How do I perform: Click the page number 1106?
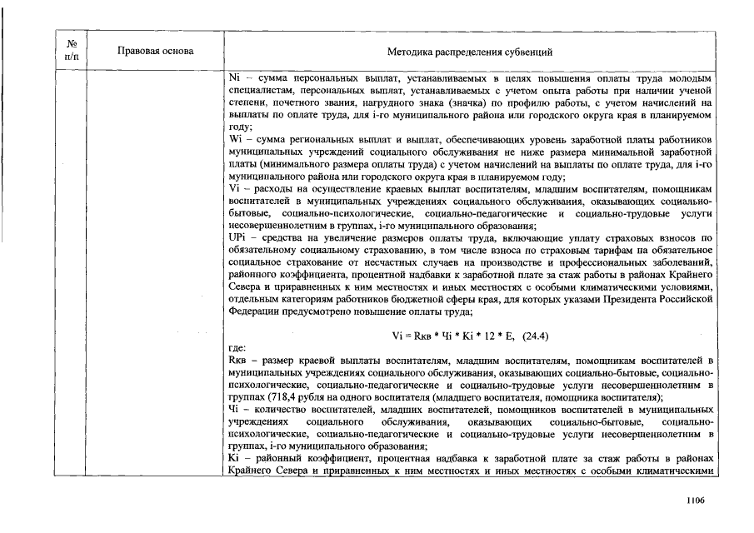[x=696, y=500]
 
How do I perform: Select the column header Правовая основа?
[x=156, y=52]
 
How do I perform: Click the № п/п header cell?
[x=72, y=52]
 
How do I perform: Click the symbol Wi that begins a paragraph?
[x=234, y=139]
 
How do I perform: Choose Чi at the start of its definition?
[x=233, y=411]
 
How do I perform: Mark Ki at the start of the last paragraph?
[x=233, y=461]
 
